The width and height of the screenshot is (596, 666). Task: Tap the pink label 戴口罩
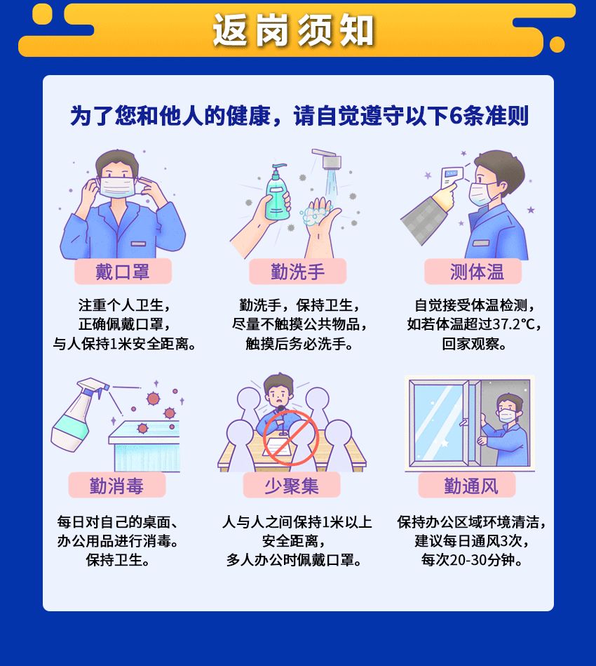123,271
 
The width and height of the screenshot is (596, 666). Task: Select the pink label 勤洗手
297,271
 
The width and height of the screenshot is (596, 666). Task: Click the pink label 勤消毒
116,485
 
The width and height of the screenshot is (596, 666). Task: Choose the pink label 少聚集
292,485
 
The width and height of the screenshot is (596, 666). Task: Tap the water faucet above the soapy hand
328,159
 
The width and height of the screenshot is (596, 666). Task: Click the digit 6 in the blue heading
455,115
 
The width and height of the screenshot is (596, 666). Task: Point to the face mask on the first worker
116,186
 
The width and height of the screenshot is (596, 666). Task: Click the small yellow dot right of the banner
557,44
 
